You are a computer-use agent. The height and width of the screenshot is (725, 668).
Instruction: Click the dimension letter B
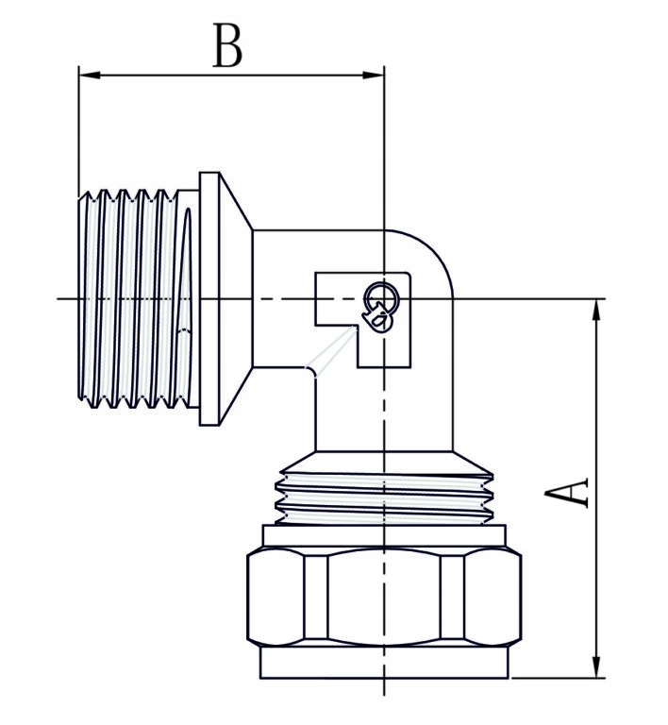tap(226, 46)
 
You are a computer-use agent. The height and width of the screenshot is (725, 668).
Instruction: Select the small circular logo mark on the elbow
tap(380, 305)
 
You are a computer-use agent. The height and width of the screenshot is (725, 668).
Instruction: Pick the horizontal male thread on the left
tap(132, 300)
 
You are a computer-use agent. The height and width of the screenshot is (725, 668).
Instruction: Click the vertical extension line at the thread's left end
tap(78, 132)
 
